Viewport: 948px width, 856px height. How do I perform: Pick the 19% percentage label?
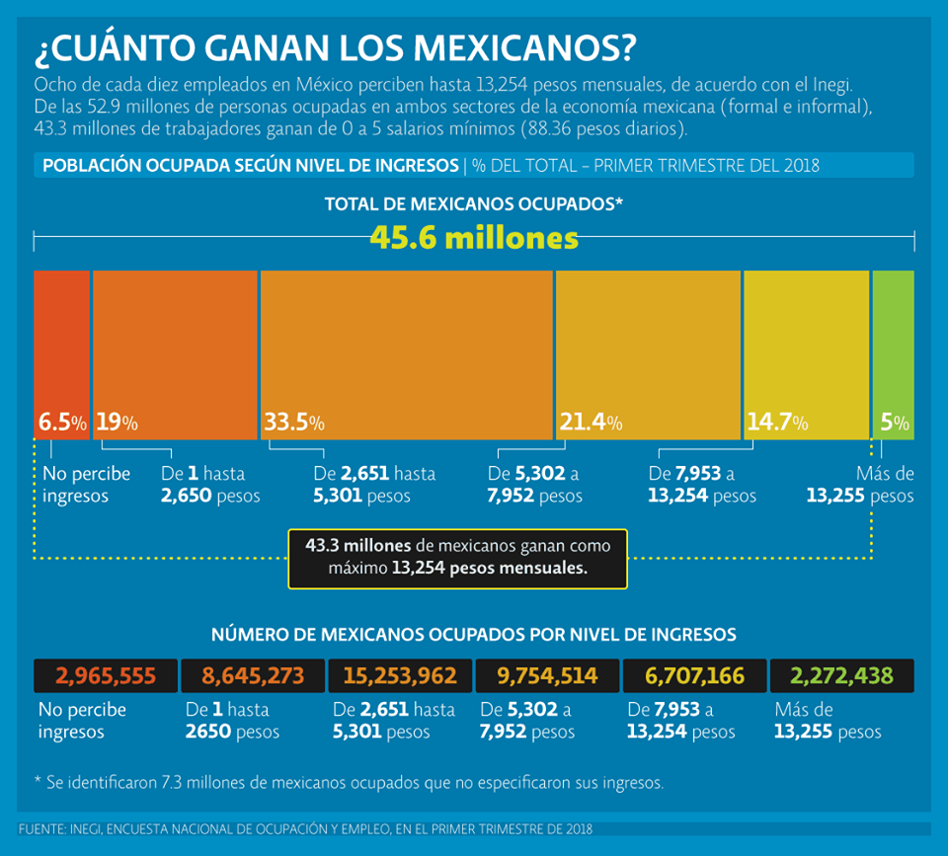[117, 423]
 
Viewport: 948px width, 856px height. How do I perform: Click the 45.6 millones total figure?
[474, 238]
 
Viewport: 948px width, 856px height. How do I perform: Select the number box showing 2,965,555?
[106, 676]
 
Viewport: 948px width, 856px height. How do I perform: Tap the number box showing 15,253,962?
[400, 676]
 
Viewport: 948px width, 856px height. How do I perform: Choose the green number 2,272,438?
[841, 676]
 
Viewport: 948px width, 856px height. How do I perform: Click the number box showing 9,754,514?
[547, 676]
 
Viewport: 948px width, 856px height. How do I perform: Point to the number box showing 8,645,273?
[253, 676]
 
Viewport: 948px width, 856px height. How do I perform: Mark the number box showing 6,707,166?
[694, 676]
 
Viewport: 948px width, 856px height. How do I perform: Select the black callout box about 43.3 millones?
[457, 558]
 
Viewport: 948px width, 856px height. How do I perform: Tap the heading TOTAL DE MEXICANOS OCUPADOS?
[474, 203]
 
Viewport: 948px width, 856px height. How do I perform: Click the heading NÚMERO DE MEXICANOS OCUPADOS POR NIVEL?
[474, 634]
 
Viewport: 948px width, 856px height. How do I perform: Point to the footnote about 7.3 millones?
[349, 782]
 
